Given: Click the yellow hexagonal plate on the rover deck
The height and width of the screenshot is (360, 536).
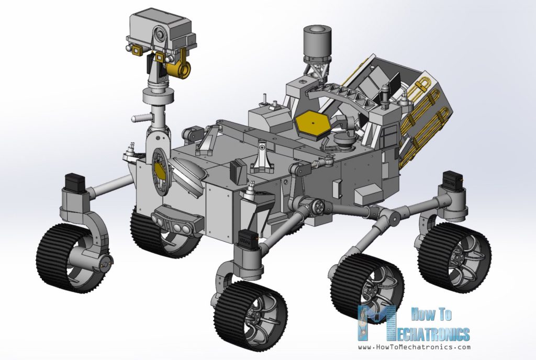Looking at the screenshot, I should pyautogui.click(x=311, y=125).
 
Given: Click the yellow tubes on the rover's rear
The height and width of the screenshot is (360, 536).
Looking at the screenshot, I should pyautogui.click(x=424, y=120).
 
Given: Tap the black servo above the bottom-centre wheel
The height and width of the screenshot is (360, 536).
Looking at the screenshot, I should pyautogui.click(x=246, y=238).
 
